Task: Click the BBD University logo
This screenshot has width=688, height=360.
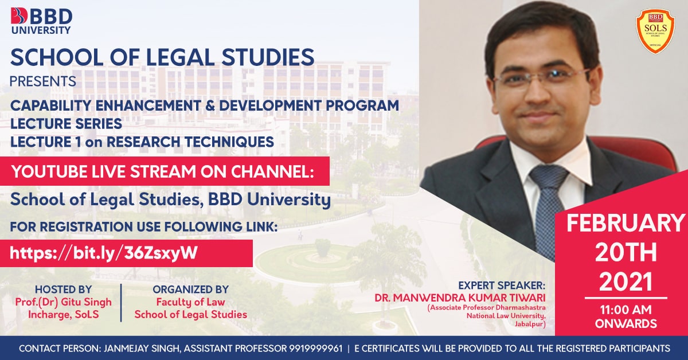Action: (41, 21)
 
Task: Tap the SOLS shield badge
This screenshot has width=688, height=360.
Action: (655, 32)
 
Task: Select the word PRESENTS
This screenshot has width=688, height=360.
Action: (42, 81)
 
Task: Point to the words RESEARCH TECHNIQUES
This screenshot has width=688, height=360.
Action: (190, 142)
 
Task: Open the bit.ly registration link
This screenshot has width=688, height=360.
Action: (104, 253)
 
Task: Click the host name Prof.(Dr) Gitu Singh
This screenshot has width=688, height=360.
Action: (63, 302)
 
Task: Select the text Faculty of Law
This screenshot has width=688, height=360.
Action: (190, 302)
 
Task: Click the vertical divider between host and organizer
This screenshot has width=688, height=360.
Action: (122, 303)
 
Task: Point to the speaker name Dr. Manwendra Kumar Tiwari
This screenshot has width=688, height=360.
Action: (460, 298)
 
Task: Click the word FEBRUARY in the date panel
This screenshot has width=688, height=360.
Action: (626, 224)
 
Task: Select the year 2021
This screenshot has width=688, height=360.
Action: (626, 282)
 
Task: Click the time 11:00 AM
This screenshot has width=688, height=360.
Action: (626, 310)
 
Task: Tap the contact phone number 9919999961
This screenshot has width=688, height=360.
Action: (315, 349)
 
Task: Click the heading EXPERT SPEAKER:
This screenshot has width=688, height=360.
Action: (502, 285)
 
